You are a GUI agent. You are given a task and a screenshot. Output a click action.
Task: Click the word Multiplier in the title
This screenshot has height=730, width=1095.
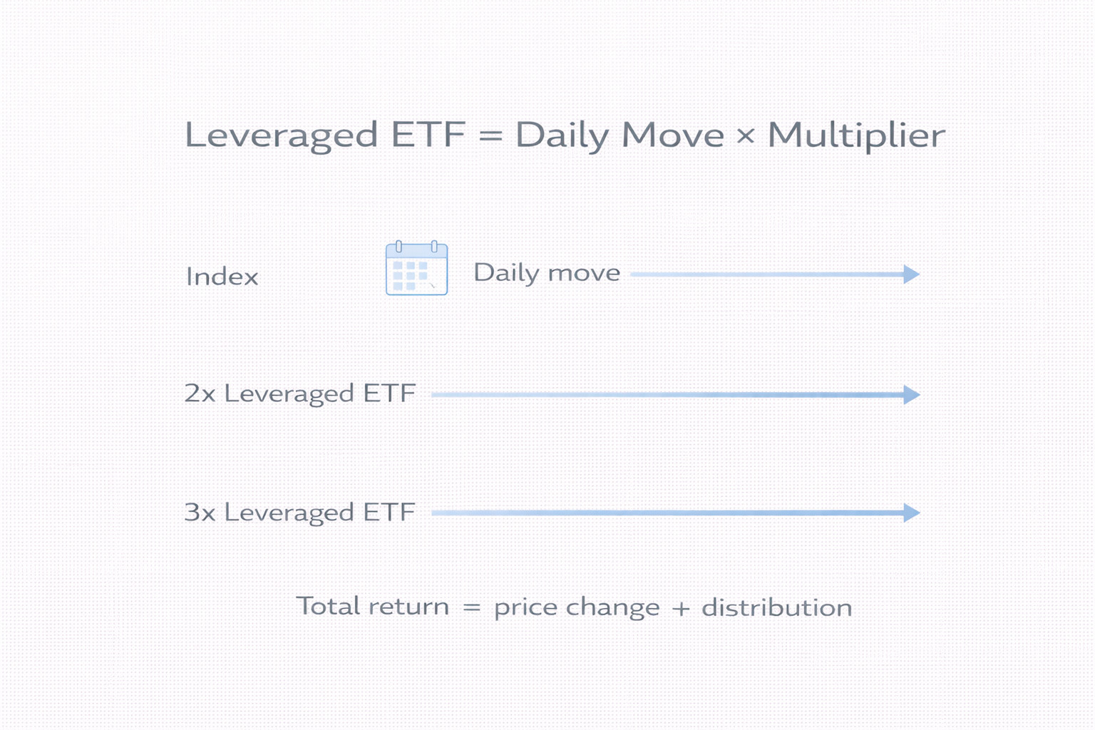click(x=856, y=135)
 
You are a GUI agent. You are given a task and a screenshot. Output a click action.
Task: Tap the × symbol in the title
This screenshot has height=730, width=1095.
click(x=746, y=135)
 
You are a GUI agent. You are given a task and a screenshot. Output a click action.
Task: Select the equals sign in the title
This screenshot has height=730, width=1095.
click(x=490, y=135)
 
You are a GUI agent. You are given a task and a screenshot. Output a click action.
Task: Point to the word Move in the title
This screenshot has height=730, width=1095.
click(x=673, y=135)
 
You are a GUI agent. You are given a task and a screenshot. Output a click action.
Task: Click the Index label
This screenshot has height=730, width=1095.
click(x=222, y=277)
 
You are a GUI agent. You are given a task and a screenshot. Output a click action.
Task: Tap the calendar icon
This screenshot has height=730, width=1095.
click(x=416, y=268)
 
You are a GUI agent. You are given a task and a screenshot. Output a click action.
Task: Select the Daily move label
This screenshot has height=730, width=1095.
click(x=547, y=273)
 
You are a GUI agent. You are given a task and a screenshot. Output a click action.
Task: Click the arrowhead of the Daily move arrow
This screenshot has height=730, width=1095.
click(x=912, y=274)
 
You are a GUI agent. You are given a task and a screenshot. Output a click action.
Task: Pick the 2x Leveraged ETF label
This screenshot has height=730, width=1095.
click(x=299, y=394)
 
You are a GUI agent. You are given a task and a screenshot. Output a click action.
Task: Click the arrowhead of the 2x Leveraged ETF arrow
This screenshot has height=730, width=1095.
click(x=912, y=394)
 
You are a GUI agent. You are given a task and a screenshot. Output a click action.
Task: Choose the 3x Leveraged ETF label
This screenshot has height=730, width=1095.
click(x=299, y=513)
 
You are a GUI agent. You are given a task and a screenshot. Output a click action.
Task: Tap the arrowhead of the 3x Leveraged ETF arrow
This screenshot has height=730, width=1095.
click(x=912, y=513)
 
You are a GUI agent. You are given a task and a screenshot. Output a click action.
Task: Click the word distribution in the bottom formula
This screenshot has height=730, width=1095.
click(x=777, y=607)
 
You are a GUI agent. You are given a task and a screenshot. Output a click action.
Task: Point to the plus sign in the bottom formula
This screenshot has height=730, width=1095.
click(x=681, y=609)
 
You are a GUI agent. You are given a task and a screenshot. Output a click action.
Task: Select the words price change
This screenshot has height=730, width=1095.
click(x=577, y=608)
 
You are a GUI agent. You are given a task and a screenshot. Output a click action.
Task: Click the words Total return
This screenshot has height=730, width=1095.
click(x=373, y=606)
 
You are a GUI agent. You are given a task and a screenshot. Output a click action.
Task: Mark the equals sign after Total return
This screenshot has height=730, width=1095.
click(x=472, y=608)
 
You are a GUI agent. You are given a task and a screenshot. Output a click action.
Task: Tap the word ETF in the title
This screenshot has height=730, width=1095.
click(x=428, y=135)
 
